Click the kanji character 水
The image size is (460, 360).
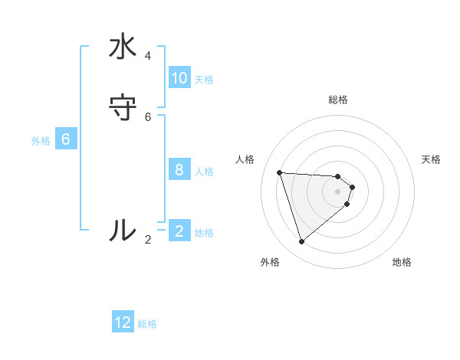coord(123,47)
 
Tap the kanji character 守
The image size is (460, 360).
coord(123,107)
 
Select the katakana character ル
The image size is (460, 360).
coord(123,230)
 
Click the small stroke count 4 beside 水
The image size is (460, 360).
coord(148,56)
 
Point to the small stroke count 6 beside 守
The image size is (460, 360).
coord(148,116)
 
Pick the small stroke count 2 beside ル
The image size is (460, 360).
coord(148,240)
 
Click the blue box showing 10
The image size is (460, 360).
coord(179,78)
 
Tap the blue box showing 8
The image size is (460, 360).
coord(179,170)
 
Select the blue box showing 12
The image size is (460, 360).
coord(123,322)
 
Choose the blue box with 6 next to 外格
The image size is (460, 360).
coord(66,139)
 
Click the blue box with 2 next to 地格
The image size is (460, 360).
coord(179,231)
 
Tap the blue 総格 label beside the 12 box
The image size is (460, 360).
coord(147,324)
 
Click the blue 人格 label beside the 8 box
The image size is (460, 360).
coord(204,172)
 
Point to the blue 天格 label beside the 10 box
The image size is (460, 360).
coord(204,80)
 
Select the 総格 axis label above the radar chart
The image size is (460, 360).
coord(338,100)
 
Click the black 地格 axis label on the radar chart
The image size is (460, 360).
coord(402,262)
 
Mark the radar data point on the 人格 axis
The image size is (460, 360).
coord(280,172)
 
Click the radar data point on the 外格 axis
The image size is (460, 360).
coord(301,242)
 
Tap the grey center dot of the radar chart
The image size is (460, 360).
coord(338,202)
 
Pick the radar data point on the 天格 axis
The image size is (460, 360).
coord(352,187)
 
